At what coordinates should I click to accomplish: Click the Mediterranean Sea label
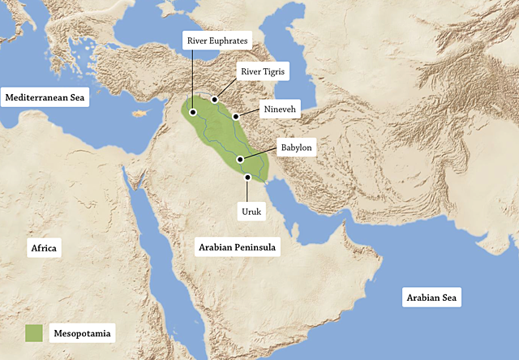[x=45, y=97]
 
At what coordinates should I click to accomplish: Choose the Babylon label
[x=295, y=148]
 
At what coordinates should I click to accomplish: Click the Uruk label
[x=248, y=212]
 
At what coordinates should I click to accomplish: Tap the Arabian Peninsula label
[x=238, y=247]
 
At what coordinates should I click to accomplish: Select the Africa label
[x=44, y=248]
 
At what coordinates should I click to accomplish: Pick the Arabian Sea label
[x=432, y=298]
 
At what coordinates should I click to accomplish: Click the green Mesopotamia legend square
[x=33, y=332]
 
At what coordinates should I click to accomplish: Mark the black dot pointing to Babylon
[x=239, y=161]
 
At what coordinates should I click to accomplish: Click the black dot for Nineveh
[x=236, y=117]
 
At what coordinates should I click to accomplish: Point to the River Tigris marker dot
[x=215, y=100]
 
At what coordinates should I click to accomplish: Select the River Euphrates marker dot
[x=193, y=113]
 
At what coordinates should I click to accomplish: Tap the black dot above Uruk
[x=247, y=176]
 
